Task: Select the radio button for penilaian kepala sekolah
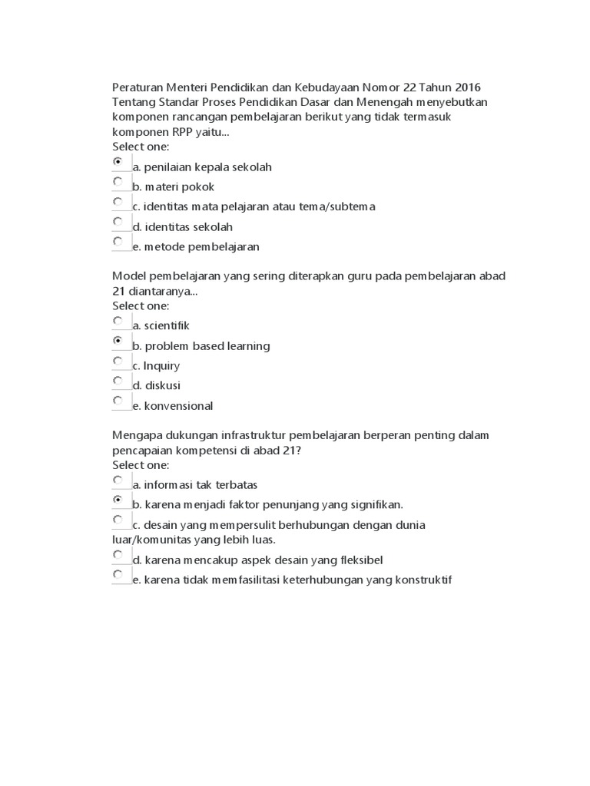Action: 118,162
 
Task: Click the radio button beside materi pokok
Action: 118,182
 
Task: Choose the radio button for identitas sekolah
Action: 118,222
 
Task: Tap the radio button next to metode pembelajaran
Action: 118,242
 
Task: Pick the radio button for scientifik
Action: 118,321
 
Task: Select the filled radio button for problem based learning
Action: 118,341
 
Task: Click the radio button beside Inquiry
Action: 118,361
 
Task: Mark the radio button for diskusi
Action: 118,381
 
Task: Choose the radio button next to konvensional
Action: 118,401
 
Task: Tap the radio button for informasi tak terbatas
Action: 118,480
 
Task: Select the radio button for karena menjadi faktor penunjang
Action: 118,500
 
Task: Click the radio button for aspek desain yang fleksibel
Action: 118,554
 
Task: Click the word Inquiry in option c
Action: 161,366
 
